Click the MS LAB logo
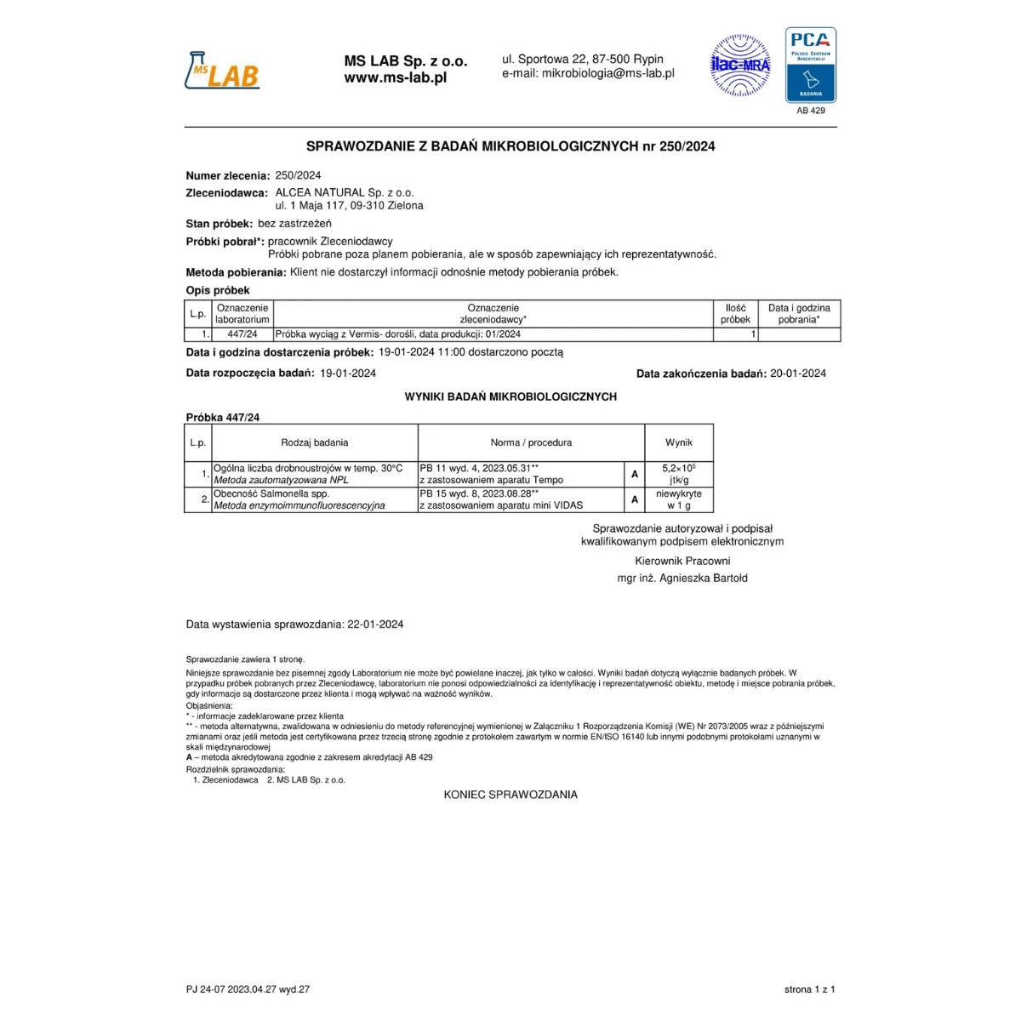pyautogui.click(x=222, y=71)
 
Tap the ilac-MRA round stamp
pyautogui.click(x=740, y=66)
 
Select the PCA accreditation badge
pyautogui.click(x=810, y=65)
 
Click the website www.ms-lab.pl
pyautogui.click(x=395, y=77)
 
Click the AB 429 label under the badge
pyautogui.click(x=811, y=111)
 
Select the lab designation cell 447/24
pyautogui.click(x=242, y=334)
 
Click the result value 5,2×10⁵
pyautogui.click(x=678, y=468)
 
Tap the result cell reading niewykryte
pyautogui.click(x=678, y=493)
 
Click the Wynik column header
pyautogui.click(x=678, y=442)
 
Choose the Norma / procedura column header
pyautogui.click(x=531, y=442)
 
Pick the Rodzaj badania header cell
pyautogui.click(x=314, y=442)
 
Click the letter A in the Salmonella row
pyautogui.click(x=634, y=499)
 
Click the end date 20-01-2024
pyautogui.click(x=797, y=374)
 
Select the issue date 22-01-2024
pyautogui.click(x=375, y=625)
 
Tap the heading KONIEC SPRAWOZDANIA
pyautogui.click(x=510, y=795)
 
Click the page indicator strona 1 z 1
pyautogui.click(x=809, y=990)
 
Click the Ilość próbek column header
pyautogui.click(x=735, y=314)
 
